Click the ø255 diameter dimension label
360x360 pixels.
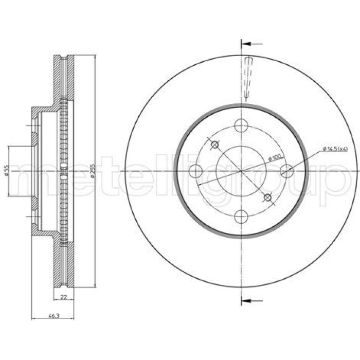(x=93, y=171)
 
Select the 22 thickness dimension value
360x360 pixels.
(x=64, y=297)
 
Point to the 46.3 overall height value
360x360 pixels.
(x=53, y=316)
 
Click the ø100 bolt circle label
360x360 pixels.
(x=275, y=157)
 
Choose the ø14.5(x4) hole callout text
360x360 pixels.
(x=335, y=149)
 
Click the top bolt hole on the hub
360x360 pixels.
(x=241, y=125)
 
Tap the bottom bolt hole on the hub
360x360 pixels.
(x=241, y=217)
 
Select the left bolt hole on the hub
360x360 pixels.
(x=195, y=171)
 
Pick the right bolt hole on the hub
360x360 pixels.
(x=287, y=171)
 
